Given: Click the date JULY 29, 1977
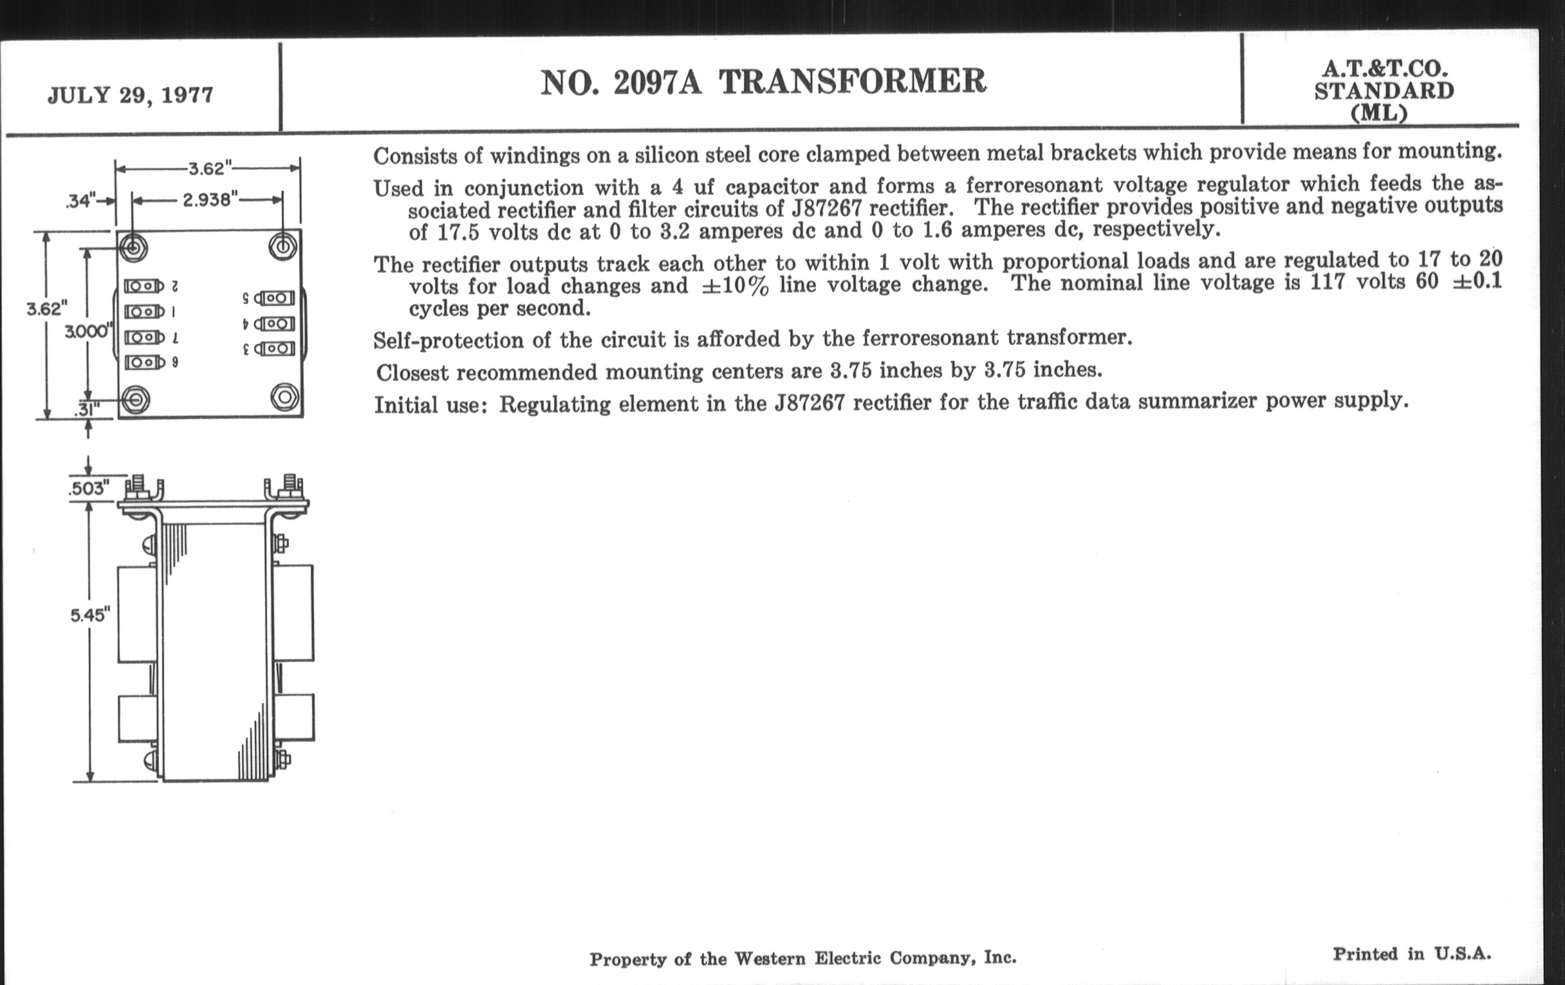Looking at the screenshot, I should tap(130, 95).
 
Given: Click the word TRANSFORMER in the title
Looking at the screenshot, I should tap(852, 82).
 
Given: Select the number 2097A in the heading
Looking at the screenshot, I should tap(656, 82).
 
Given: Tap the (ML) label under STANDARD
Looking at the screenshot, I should tap(1378, 114).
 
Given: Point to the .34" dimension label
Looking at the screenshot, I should tap(80, 201).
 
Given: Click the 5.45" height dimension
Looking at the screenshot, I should tap(89, 614).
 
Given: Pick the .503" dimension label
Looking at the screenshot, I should tap(88, 488).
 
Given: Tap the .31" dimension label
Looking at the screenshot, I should tap(86, 409).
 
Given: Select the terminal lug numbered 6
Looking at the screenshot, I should tap(144, 362).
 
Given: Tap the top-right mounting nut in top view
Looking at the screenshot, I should tap(282, 247).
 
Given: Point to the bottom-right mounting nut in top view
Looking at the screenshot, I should tap(284, 397).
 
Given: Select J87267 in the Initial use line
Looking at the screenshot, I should tap(809, 404).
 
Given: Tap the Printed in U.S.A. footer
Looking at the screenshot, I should tap(1412, 954).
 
